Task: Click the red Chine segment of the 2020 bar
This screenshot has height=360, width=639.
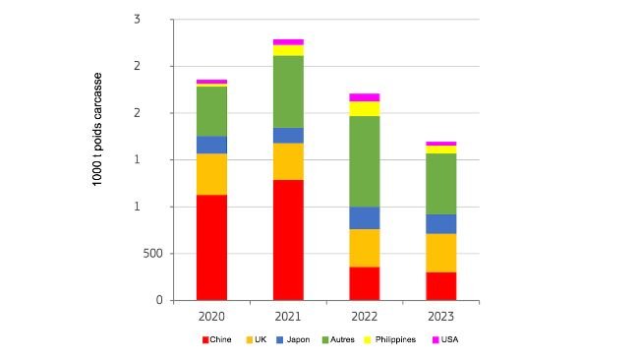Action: [x=211, y=247]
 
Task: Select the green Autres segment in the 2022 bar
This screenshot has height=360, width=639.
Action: [x=365, y=161]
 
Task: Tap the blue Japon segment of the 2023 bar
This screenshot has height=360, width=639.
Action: [x=440, y=223]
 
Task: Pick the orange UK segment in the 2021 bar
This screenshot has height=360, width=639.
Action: [x=288, y=161]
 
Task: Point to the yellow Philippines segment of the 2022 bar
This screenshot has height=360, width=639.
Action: [x=365, y=108]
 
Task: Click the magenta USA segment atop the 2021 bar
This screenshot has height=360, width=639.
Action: [x=288, y=41]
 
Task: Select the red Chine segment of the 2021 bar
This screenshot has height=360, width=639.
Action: [x=288, y=239]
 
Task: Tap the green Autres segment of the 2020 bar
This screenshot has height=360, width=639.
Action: [x=211, y=111]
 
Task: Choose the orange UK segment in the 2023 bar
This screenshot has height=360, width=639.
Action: [x=440, y=253]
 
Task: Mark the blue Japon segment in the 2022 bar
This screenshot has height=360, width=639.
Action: [x=365, y=217]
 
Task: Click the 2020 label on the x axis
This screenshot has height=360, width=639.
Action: [x=211, y=317]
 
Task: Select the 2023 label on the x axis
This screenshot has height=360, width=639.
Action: [x=440, y=317]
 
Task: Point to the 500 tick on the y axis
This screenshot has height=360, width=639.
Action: [x=152, y=254]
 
